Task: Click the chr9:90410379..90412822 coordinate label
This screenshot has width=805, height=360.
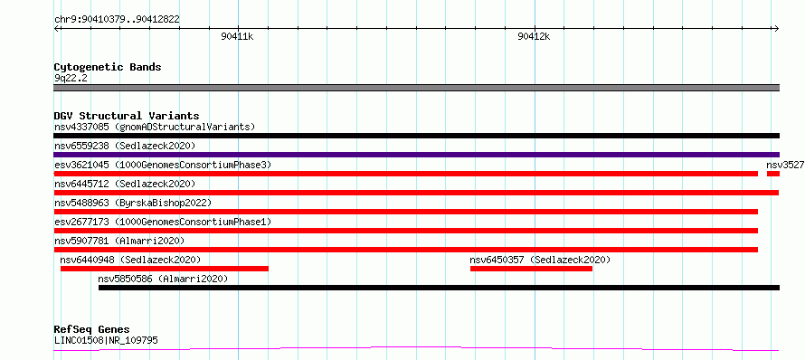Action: click(x=117, y=20)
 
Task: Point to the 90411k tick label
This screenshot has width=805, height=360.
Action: click(x=237, y=36)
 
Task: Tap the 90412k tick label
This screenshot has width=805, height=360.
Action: click(x=534, y=36)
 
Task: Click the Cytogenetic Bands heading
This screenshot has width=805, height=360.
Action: click(x=108, y=67)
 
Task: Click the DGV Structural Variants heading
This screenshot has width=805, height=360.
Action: click(x=127, y=116)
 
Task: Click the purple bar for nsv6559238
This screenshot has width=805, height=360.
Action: click(x=416, y=155)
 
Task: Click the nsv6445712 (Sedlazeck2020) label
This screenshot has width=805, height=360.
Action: click(x=125, y=184)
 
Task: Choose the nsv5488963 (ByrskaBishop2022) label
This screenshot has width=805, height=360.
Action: click(x=133, y=203)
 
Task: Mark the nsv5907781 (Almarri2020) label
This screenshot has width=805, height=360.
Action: click(x=119, y=241)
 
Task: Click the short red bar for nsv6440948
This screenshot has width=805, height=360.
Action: click(x=165, y=269)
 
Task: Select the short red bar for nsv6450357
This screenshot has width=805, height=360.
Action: click(x=531, y=269)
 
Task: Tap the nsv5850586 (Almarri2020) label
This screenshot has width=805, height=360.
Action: click(x=163, y=279)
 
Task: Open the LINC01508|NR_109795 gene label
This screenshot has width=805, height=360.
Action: click(x=106, y=340)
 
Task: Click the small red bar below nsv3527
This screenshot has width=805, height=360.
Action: click(x=773, y=174)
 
